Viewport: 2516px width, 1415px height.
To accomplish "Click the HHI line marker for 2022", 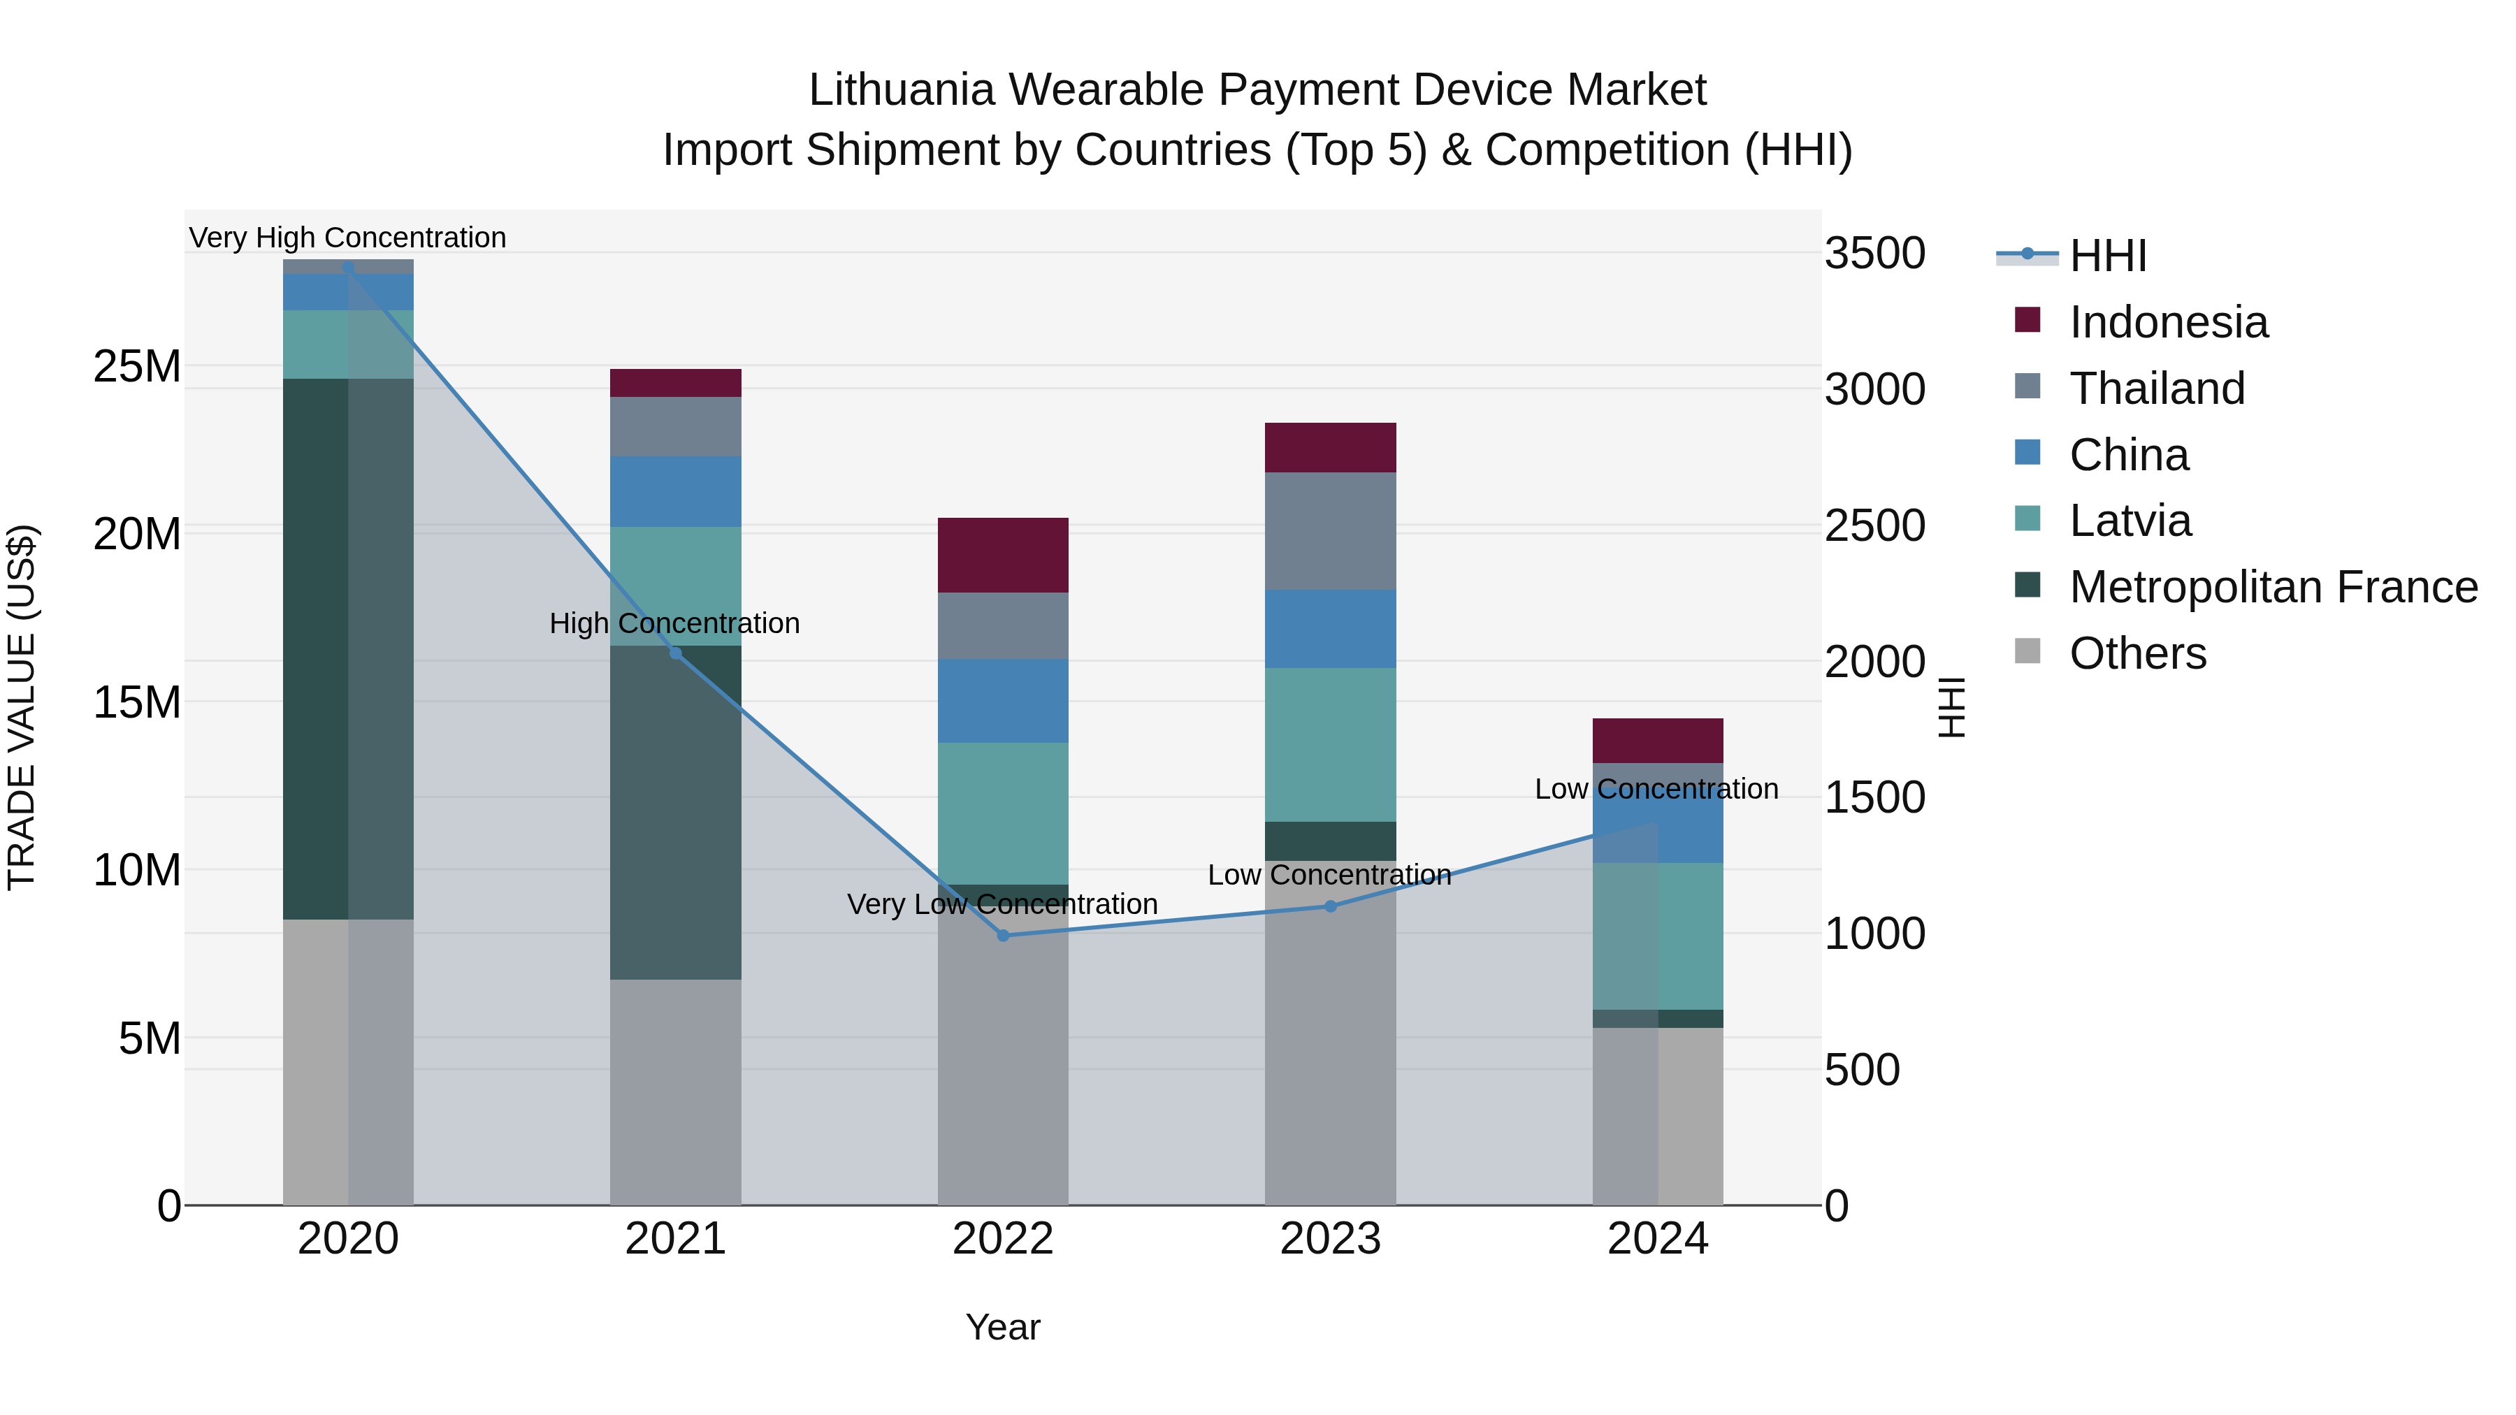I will [x=1003, y=936].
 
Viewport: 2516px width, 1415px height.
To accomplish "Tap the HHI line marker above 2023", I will [x=1330, y=906].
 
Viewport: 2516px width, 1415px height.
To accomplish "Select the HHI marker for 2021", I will [x=675, y=653].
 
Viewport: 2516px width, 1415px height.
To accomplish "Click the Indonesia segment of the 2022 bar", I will [x=1003, y=555].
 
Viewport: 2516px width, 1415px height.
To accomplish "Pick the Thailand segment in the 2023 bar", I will [x=1330, y=531].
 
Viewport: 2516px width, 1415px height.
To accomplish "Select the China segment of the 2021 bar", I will [x=675, y=491].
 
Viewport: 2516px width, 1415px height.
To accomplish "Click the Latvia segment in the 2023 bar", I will [x=1330, y=744].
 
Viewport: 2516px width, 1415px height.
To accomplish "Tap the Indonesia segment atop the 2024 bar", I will [x=1658, y=740].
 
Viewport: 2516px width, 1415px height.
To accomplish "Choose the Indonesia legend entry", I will [x=2168, y=322].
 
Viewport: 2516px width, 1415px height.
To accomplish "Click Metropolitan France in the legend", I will [x=2273, y=587].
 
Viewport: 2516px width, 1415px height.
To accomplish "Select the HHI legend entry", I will [x=2108, y=256].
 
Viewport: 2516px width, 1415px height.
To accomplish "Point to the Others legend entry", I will [x=2137, y=653].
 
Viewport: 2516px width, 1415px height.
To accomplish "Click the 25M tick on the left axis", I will [x=137, y=367].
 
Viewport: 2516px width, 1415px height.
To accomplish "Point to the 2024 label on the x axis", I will [x=1658, y=1239].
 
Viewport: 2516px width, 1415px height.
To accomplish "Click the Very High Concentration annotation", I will [x=348, y=238].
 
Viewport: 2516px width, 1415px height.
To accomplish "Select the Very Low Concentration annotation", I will [x=1002, y=904].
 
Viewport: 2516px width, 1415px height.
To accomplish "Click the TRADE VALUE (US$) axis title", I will [x=22, y=707].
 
